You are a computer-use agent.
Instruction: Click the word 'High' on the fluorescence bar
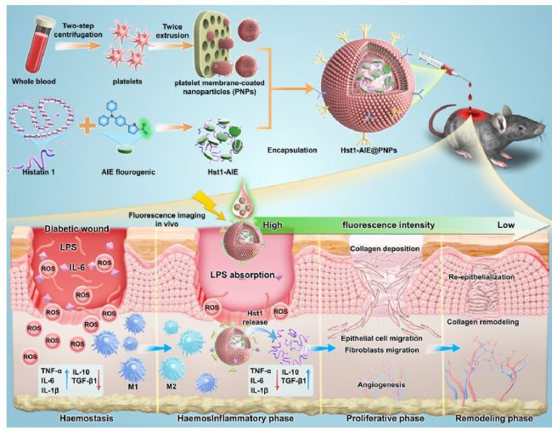(x=273, y=225)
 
